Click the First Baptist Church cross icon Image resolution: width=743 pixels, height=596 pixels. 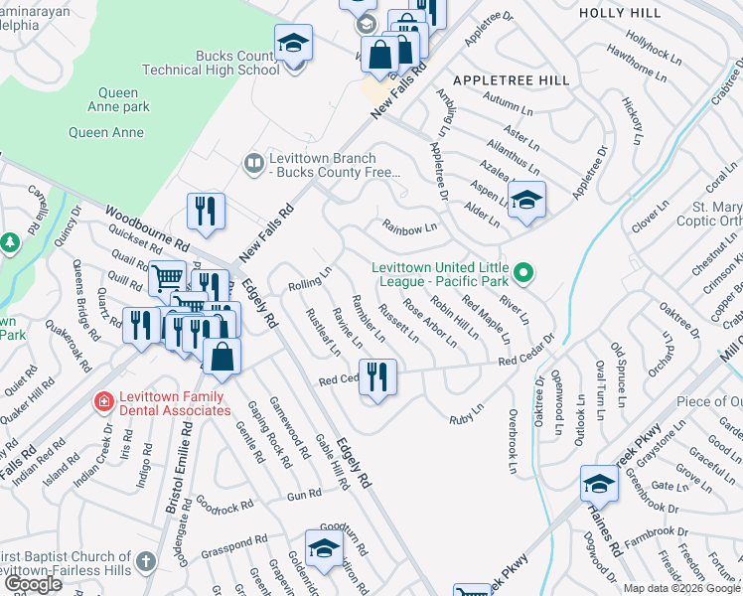tap(146, 561)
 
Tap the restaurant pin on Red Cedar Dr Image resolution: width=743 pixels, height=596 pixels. tap(376, 377)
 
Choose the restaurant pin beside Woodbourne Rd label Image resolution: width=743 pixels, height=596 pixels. tap(206, 211)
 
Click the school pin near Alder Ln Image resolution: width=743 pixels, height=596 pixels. tap(526, 197)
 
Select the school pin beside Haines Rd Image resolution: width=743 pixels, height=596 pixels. tap(599, 484)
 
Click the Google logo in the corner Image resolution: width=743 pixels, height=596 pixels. tap(32, 584)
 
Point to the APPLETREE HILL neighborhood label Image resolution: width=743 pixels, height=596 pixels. tap(511, 79)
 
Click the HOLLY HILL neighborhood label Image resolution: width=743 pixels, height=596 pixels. tap(619, 13)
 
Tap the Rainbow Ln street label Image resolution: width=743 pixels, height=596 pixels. tap(410, 228)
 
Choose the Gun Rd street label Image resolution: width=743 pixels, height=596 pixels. tap(304, 494)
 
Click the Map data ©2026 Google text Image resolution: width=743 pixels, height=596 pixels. tap(681, 588)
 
